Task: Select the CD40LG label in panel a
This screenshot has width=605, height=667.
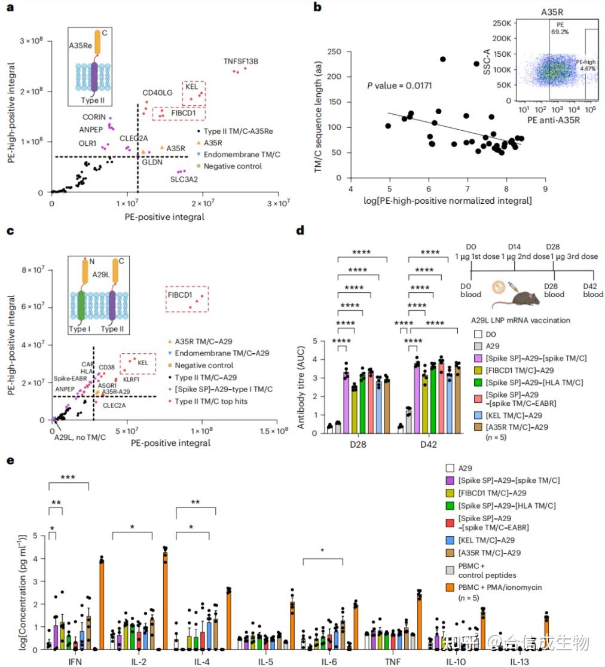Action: (x=157, y=93)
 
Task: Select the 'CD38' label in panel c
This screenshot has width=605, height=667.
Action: (x=107, y=367)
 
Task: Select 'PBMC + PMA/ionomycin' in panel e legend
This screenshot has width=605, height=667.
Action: (x=502, y=586)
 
